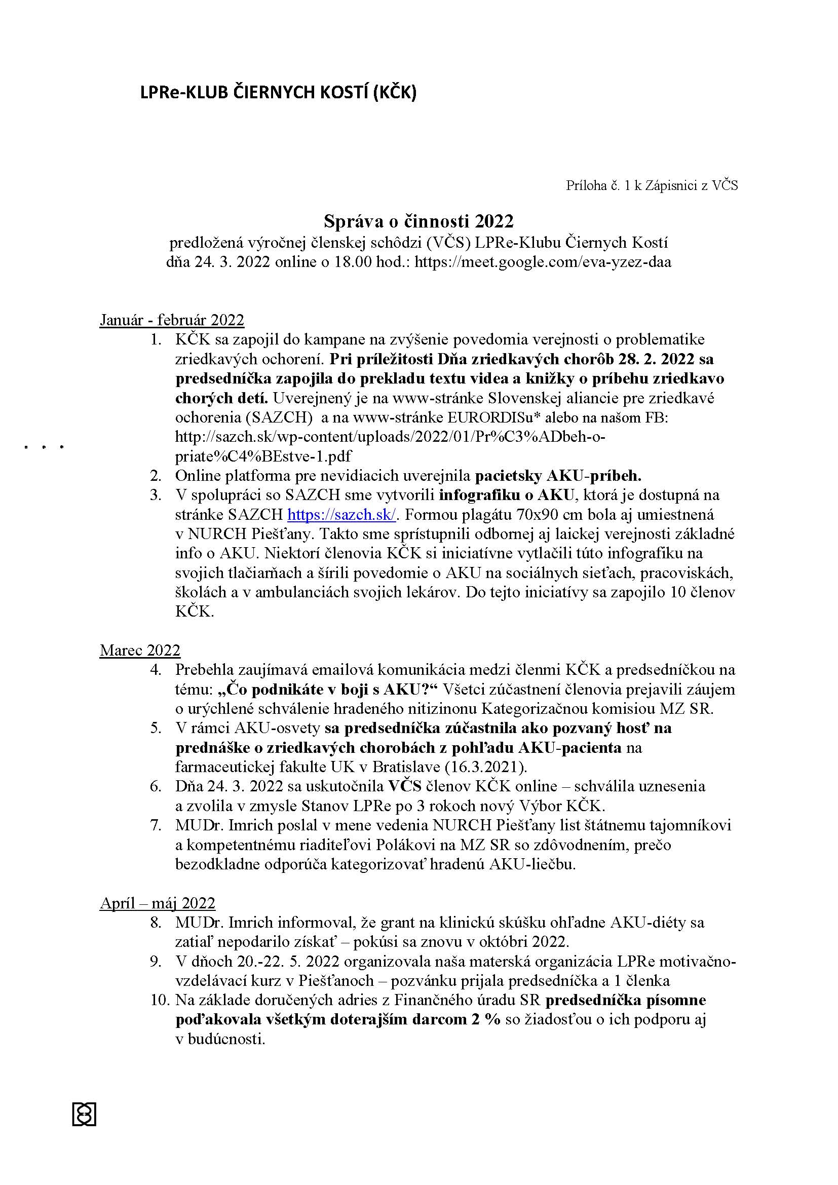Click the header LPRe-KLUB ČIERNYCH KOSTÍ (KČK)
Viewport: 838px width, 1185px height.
pos(278,92)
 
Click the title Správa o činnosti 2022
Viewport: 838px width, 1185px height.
pos(418,221)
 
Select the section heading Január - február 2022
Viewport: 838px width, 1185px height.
pos(171,320)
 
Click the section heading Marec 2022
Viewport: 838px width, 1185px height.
pos(140,651)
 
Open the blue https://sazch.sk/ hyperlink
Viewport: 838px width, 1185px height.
pos(341,515)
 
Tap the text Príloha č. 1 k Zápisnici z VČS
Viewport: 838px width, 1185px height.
pos(652,186)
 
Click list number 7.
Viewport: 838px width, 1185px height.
pos(156,825)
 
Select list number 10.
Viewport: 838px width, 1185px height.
pos(160,1000)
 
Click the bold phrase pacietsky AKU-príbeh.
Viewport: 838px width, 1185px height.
pos(558,475)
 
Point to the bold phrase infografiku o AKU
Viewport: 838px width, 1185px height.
pos(506,495)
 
